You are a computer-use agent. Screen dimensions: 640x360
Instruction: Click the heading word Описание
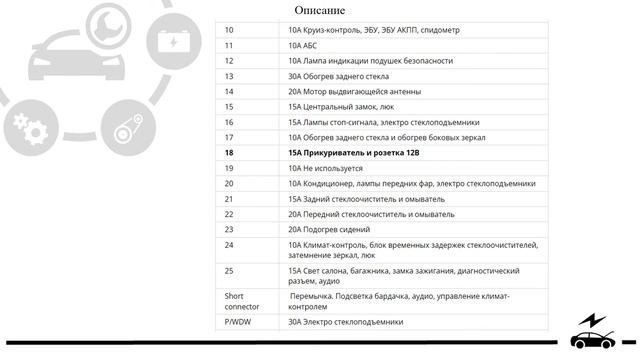click(320, 11)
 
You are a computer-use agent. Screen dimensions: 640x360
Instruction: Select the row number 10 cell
click(229, 30)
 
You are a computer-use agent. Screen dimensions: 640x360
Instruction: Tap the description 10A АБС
click(308, 45)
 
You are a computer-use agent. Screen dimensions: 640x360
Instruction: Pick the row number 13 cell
click(229, 76)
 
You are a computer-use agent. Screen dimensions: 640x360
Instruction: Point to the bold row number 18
click(229, 152)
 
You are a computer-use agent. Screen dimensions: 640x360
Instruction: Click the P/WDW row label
click(237, 322)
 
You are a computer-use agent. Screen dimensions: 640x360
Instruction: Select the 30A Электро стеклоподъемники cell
click(345, 322)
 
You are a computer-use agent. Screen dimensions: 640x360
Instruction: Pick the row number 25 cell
click(229, 271)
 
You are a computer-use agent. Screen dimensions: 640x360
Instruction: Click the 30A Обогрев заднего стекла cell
click(338, 76)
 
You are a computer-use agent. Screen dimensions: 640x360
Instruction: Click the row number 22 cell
click(229, 214)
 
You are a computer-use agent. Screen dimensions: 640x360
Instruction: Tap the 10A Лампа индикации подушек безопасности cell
click(370, 61)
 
